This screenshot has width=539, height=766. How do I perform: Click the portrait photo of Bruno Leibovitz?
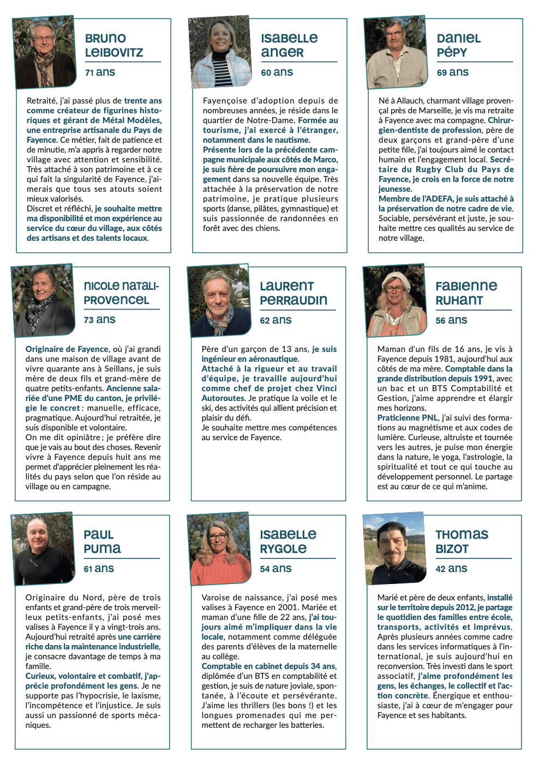pyautogui.click(x=44, y=52)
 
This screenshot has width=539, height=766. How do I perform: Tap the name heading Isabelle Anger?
pyautogui.click(x=289, y=45)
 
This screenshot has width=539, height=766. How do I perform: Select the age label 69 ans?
pyautogui.click(x=452, y=72)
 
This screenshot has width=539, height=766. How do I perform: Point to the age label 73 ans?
pyautogui.click(x=99, y=320)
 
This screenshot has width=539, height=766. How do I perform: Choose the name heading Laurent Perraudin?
pyautogui.click(x=294, y=293)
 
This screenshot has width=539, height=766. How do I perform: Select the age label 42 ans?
pyautogui.click(x=451, y=569)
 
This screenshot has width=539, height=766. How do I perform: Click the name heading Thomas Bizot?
pyautogui.click(x=462, y=542)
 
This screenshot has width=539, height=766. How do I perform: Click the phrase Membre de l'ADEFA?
pyautogui.click(x=416, y=199)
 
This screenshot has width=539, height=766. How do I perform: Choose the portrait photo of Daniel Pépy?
pyautogui.click(x=396, y=52)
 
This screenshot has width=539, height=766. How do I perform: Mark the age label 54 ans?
pyautogui.click(x=276, y=569)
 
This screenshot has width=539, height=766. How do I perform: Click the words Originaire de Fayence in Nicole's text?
pyautogui.click(x=67, y=349)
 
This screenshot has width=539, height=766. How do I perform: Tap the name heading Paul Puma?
pyautogui.click(x=102, y=542)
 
